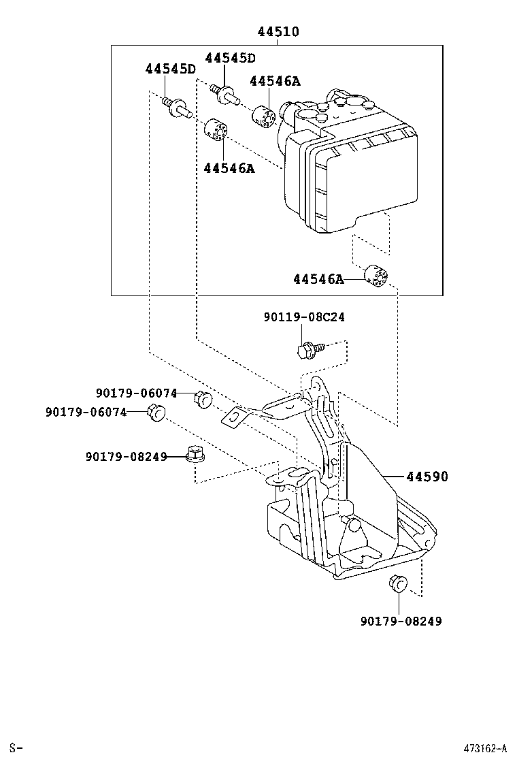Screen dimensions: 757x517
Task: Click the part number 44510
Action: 278,32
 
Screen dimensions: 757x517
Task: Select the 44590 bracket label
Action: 427,477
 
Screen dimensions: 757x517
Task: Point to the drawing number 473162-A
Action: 485,748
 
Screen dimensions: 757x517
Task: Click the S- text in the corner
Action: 17,748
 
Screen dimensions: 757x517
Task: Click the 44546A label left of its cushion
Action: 318,279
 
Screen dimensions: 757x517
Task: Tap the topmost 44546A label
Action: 274,82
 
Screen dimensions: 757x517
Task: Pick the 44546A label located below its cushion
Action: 228,168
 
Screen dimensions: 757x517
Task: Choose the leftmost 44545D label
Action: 169,69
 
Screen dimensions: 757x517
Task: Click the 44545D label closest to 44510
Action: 230,59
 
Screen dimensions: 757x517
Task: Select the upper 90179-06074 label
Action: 136,393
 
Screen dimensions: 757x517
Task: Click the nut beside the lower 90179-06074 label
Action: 157,412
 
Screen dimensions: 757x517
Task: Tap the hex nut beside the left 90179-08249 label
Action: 195,454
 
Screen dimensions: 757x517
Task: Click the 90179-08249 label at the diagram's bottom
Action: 401,621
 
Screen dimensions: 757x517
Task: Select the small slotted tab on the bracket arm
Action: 233,417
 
